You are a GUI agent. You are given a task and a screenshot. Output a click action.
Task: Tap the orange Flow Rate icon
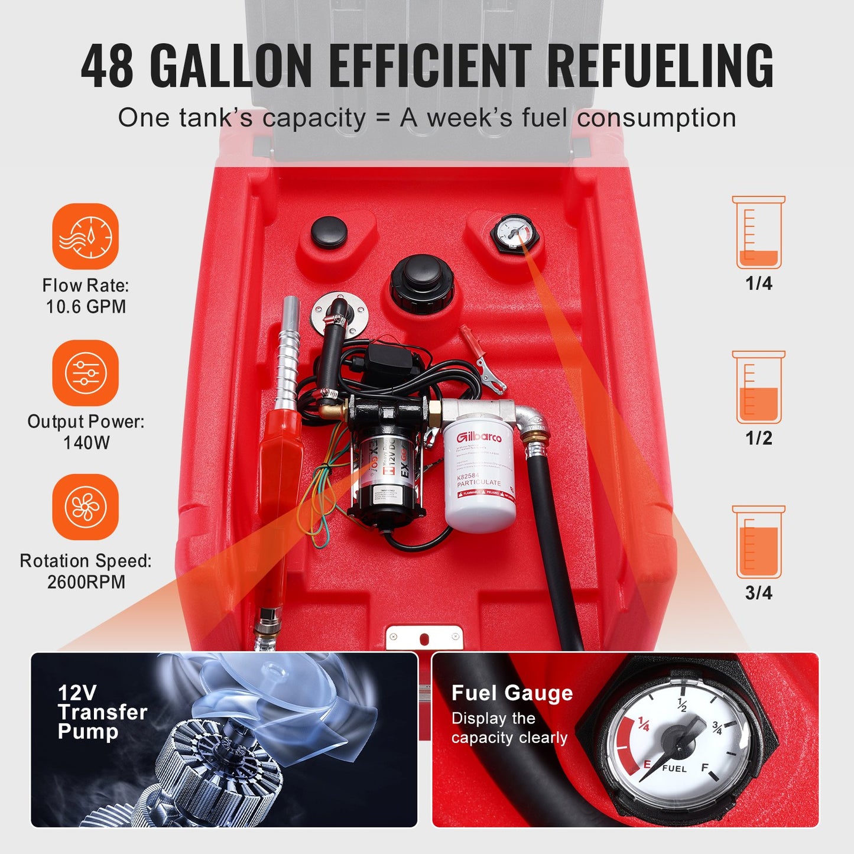(86, 236)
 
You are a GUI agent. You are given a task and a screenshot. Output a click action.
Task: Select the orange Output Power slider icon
(86, 372)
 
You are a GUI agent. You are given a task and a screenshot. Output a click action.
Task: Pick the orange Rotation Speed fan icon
(86, 506)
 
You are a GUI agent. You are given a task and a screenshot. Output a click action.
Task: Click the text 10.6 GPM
(86, 307)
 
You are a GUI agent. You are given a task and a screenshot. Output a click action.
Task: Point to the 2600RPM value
(86, 582)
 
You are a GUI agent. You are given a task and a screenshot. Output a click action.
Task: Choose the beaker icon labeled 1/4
(759, 233)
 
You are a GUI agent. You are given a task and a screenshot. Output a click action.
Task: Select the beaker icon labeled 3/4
(759, 542)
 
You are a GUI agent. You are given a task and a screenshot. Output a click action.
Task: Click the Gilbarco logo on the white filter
(479, 436)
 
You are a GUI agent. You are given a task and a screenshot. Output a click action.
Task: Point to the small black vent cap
(329, 232)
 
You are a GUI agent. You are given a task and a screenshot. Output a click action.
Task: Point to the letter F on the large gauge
(704, 768)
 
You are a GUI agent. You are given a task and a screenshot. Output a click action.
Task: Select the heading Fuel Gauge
(512, 693)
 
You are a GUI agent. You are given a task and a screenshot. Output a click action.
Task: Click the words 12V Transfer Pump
(102, 712)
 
